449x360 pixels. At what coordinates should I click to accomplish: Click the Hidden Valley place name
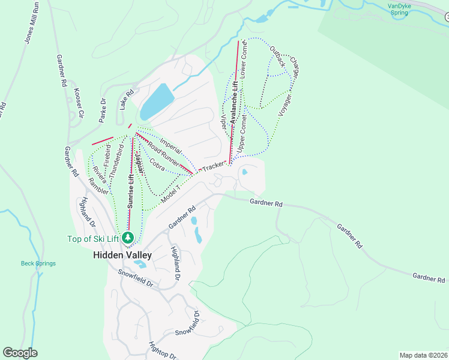click(122, 255)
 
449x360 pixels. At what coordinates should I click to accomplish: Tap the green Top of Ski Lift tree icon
click(128, 238)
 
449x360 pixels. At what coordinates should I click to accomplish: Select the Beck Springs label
click(38, 263)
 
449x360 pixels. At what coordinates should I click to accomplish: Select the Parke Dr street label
click(103, 109)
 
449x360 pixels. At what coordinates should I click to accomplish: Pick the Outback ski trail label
click(277, 56)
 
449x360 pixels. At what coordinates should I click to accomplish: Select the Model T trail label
click(170, 193)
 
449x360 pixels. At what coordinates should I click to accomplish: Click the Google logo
click(20, 353)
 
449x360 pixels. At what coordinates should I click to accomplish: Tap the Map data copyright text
click(423, 355)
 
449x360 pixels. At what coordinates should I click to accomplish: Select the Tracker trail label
click(212, 167)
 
